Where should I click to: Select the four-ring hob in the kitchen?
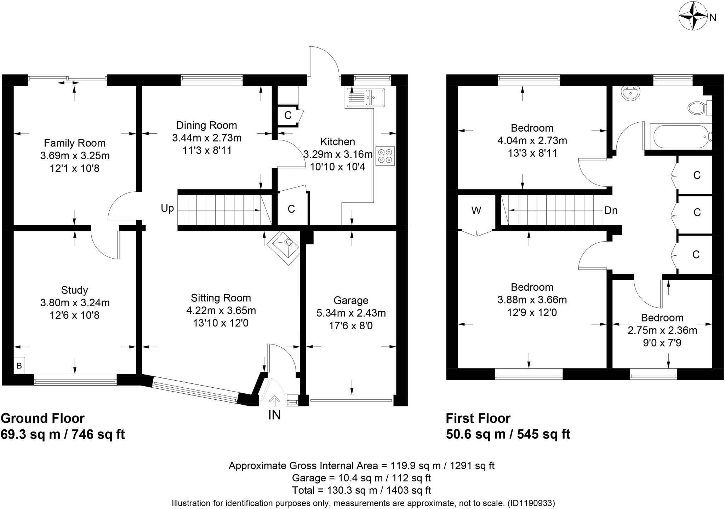[385, 156]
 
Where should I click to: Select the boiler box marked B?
[19, 366]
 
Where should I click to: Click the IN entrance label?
[274, 415]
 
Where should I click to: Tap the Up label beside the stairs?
[167, 208]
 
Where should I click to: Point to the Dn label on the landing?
[611, 210]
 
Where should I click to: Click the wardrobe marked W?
[476, 211]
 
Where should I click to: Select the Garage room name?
[351, 300]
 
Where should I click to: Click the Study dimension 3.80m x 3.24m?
[75, 303]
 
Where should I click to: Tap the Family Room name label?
[75, 143]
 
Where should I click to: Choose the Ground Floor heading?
[43, 418]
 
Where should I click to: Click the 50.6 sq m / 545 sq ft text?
[508, 434]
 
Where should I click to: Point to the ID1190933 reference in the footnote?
[531, 503]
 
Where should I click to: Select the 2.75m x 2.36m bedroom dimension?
[662, 330]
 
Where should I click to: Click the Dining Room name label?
[206, 125]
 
